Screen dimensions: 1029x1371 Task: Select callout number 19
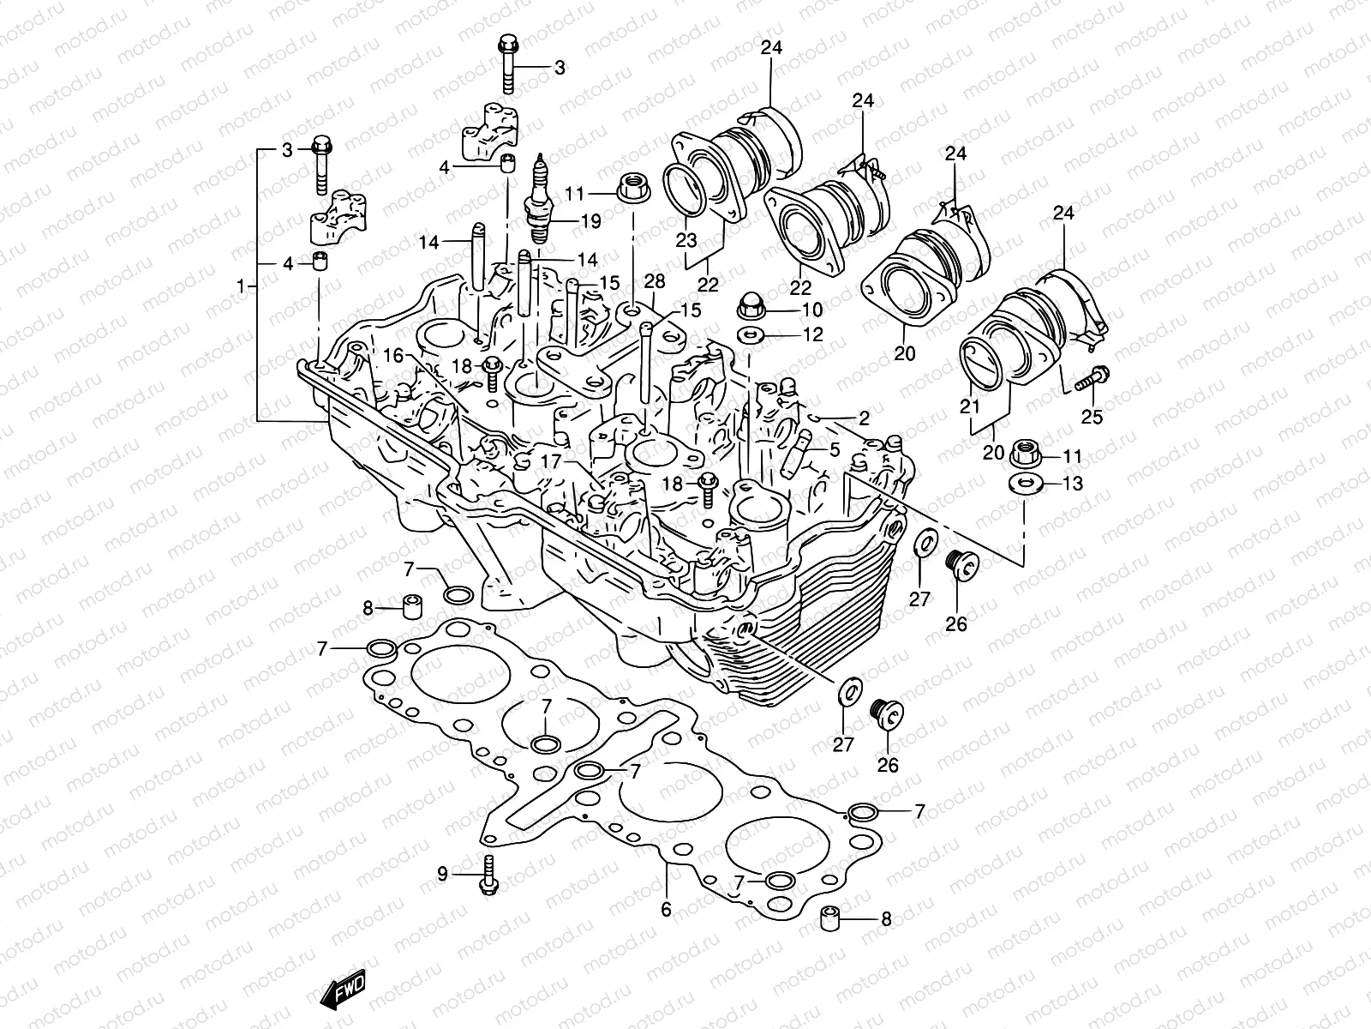[590, 221]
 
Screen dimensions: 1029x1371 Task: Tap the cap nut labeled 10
[751, 310]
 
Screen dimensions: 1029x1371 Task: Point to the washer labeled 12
[751, 334]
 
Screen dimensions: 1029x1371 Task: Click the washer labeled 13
[1024, 484]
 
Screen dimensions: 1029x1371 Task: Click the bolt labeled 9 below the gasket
[488, 876]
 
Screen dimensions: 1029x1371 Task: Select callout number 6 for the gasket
[666, 910]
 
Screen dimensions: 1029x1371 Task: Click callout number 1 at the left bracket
[242, 286]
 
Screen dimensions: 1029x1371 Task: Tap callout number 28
[655, 282]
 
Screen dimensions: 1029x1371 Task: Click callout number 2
[863, 418]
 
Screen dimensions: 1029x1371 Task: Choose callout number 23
[686, 241]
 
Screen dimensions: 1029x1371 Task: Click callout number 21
[969, 407]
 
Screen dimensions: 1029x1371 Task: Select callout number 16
[392, 354]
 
